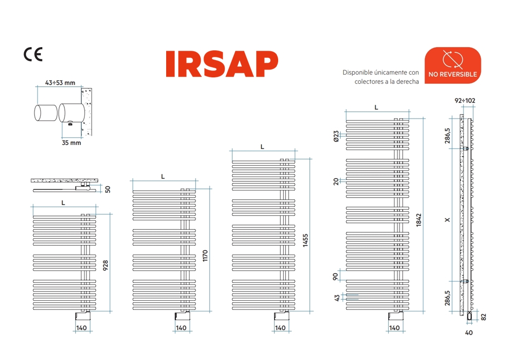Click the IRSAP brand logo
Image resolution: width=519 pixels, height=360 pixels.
222,64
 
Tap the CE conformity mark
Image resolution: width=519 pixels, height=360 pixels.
33,55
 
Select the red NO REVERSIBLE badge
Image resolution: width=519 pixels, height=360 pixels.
452,65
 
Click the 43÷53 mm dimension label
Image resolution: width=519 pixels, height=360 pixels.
60,83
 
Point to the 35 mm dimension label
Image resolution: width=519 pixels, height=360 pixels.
71,143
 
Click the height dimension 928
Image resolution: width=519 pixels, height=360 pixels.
105,265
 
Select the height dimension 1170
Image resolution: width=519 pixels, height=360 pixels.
205,256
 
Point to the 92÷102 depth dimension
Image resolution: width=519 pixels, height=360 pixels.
465,100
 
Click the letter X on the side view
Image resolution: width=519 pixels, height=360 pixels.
447,219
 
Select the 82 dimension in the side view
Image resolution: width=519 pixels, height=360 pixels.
484,316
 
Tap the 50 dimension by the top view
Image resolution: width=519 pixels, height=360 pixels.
108,189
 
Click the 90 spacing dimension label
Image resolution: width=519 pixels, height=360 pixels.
336,276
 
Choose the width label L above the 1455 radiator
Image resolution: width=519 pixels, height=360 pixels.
262,146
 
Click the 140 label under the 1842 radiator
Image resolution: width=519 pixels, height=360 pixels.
394,328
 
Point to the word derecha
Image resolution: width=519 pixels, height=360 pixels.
406,82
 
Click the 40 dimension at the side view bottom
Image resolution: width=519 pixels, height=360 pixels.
469,332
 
